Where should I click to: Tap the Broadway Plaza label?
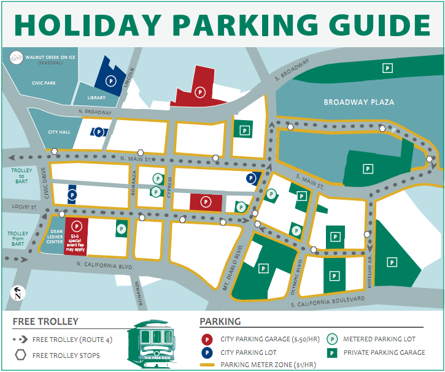tap(359, 102)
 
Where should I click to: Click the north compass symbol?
tap(18, 294)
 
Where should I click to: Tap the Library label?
tap(96, 98)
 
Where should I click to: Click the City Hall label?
tap(60, 132)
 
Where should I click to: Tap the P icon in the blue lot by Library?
tap(110, 80)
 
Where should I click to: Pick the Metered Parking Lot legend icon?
tap(333, 339)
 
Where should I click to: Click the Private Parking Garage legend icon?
tap(333, 352)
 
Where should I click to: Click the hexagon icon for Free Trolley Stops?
tap(20, 355)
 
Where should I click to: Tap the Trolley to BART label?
tap(20, 174)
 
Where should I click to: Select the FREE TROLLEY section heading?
tap(45, 322)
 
